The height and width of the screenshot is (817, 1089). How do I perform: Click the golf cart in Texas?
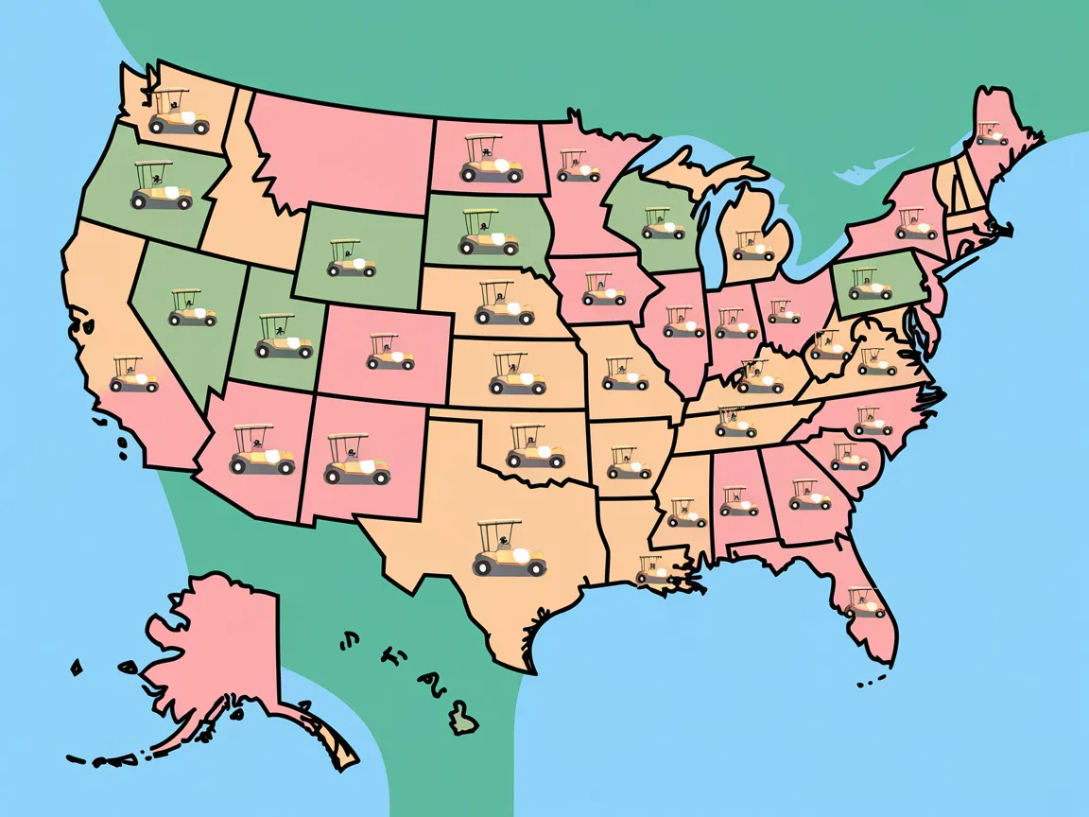click(509, 550)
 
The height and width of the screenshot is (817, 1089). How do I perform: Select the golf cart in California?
click(133, 374)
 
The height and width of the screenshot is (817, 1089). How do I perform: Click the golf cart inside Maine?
click(992, 133)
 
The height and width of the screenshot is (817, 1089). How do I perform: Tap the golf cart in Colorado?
click(389, 352)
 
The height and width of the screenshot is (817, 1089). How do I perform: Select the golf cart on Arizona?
click(262, 450)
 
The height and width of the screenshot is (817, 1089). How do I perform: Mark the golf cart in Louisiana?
click(654, 569)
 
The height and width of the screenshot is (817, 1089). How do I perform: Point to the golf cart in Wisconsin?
click(663, 223)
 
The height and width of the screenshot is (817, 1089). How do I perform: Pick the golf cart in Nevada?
click(192, 308)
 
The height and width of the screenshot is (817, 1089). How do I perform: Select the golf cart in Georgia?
click(809, 494)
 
